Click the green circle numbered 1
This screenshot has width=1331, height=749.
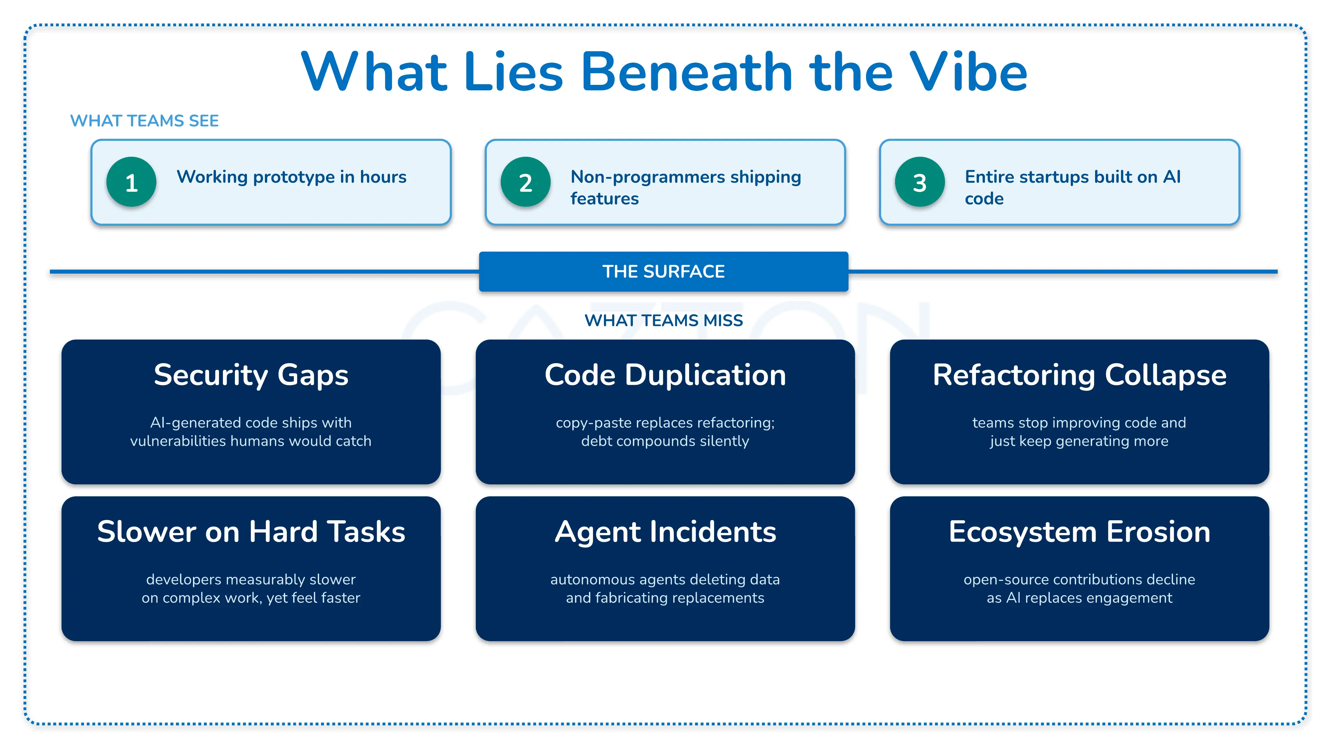131,182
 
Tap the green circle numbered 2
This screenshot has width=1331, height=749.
525,182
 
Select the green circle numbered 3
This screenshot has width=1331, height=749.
920,182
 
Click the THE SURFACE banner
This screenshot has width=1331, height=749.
664,271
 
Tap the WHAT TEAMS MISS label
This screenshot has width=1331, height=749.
664,321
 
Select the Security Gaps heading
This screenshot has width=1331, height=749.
251,375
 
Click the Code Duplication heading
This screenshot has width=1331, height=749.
665,375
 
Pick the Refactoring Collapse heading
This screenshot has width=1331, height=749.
1079,375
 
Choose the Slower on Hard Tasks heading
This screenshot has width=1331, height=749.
251,532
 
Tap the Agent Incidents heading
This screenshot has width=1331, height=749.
665,532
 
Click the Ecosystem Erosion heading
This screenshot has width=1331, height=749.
1079,532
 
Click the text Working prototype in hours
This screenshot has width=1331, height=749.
291,177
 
